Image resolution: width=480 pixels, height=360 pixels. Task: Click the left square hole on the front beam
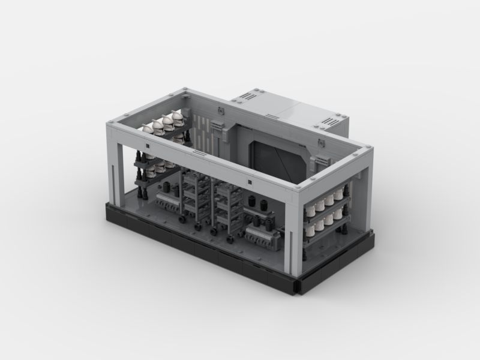coord(146,146)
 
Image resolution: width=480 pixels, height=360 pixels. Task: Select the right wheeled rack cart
coord(226,207)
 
